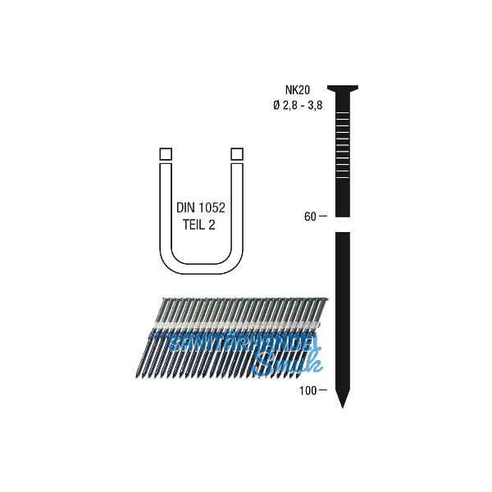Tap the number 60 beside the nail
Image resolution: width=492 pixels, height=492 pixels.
point(308,216)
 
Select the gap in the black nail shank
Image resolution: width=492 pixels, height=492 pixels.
point(344,224)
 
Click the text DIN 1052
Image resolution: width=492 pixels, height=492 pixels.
point(200,209)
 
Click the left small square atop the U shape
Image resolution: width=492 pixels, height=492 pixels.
point(164,153)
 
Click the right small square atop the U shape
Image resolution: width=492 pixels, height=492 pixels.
point(237,153)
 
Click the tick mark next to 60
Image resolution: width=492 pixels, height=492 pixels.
point(322,216)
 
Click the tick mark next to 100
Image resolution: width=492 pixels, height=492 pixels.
point(322,389)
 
